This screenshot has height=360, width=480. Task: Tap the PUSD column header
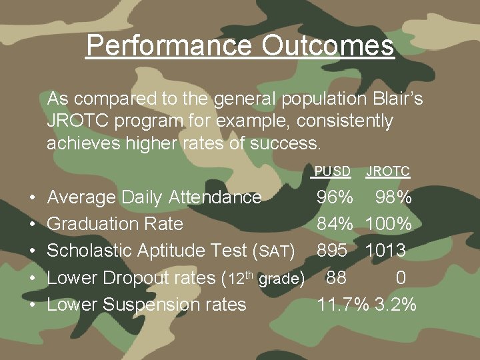click(332, 171)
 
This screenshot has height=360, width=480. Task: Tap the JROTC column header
click(388, 171)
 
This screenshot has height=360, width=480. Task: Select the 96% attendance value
click(335, 197)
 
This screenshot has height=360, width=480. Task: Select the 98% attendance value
click(393, 197)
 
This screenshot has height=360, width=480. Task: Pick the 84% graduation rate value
click(335, 224)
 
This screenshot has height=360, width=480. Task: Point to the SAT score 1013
click(387, 251)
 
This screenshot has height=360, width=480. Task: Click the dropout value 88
click(337, 277)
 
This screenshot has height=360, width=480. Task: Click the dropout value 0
click(400, 277)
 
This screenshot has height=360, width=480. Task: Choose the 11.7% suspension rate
click(343, 305)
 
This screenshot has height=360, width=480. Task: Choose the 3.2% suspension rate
click(395, 305)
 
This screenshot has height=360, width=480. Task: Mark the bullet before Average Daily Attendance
click(33, 198)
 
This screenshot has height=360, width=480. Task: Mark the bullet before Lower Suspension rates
click(33, 305)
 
